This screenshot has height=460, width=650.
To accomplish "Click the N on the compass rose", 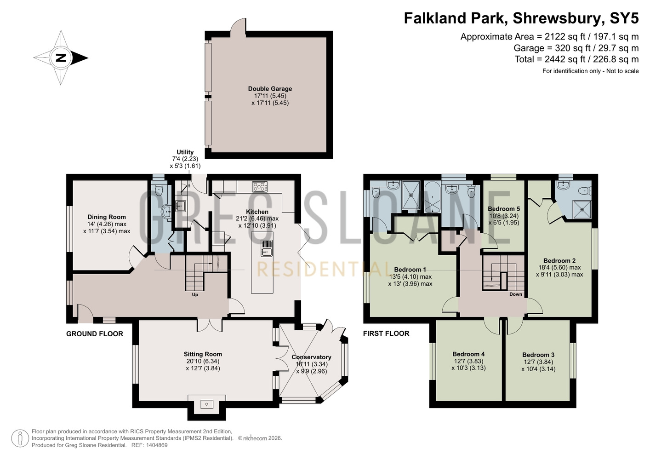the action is click(61, 58).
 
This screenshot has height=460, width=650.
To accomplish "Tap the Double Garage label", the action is click(270, 89).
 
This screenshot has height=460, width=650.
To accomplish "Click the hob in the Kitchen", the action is click(260, 186).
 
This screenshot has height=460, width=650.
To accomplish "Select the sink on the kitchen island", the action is click(266, 248).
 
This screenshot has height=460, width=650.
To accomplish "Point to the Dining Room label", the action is click(107, 217).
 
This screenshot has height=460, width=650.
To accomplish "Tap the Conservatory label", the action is click(311, 357).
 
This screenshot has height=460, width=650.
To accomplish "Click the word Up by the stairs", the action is click(195, 295).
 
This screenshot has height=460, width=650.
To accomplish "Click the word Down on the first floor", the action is click(516, 294).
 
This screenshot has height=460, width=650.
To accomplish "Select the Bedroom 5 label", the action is click(504, 209).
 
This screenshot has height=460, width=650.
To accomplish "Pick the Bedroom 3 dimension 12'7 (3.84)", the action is click(538, 362).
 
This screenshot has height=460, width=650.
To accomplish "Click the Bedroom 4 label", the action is click(468, 354).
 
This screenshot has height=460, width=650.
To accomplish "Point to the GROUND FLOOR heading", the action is click(95, 334).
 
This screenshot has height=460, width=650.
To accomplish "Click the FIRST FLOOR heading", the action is click(386, 333).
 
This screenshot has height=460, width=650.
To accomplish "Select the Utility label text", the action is click(185, 152).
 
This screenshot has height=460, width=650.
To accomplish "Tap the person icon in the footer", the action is click(20, 438).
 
